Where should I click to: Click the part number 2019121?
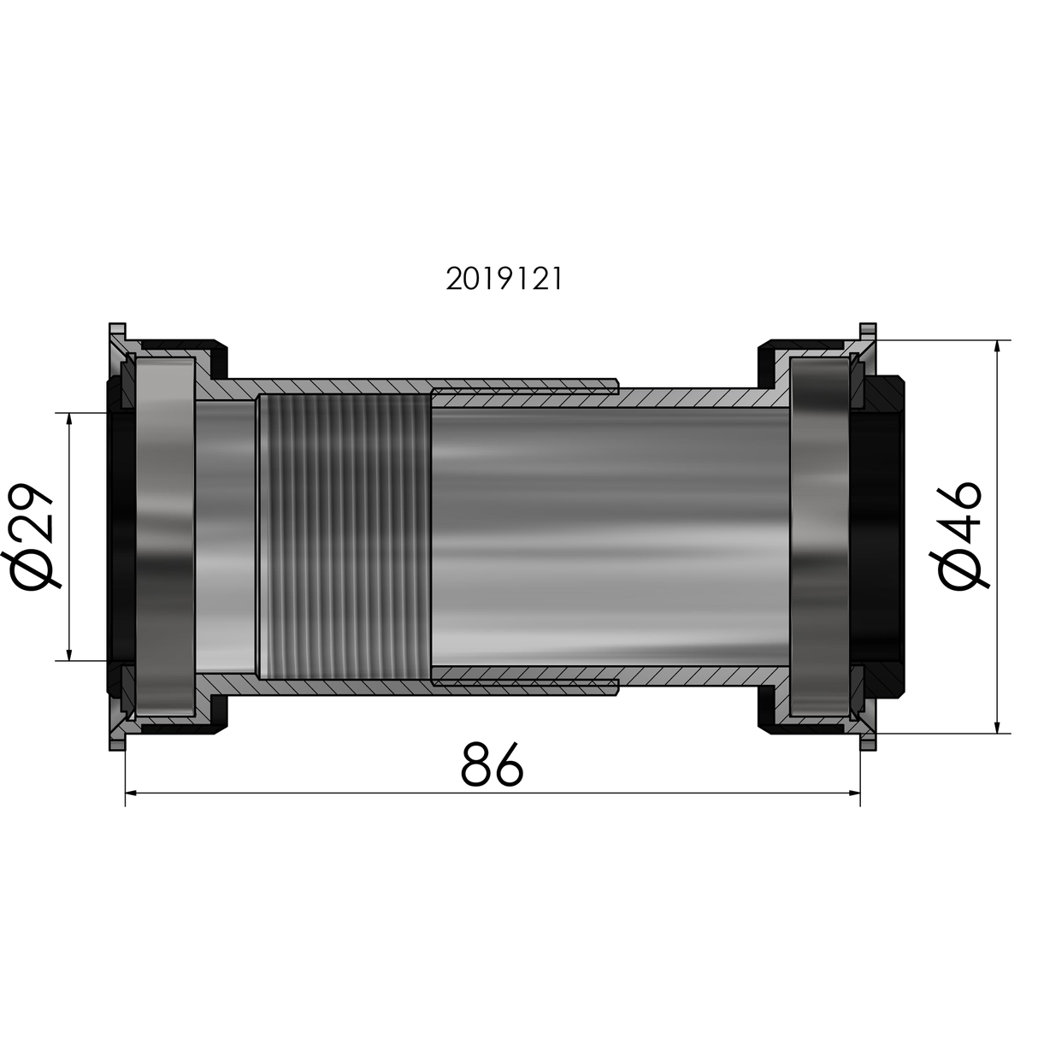click(504, 280)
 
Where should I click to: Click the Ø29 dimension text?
click(37, 536)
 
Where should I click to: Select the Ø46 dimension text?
click(960, 536)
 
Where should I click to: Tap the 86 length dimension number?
click(492, 764)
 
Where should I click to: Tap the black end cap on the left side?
click(119, 536)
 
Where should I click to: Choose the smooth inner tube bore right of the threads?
click(607, 536)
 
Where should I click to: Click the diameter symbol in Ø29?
click(37, 570)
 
